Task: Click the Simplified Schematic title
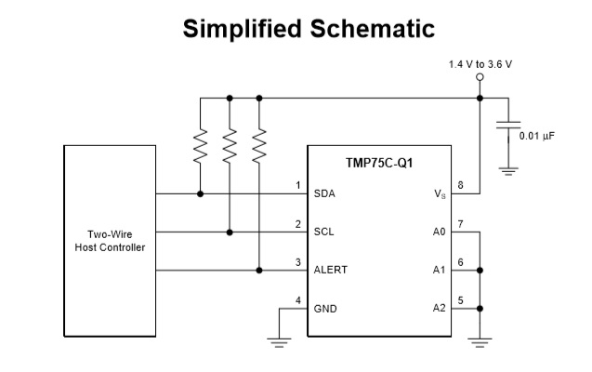309,29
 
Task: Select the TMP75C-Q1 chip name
379,163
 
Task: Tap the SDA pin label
325,194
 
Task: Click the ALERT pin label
331,270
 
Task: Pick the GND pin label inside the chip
326,308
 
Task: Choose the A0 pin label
439,232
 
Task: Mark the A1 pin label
439,270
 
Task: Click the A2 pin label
439,308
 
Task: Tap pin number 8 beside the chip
461,185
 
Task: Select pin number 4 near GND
297,299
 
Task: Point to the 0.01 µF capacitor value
541,136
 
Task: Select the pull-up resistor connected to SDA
199,146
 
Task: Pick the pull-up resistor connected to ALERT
259,146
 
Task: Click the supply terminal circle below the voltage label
480,79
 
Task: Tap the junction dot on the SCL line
229,232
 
